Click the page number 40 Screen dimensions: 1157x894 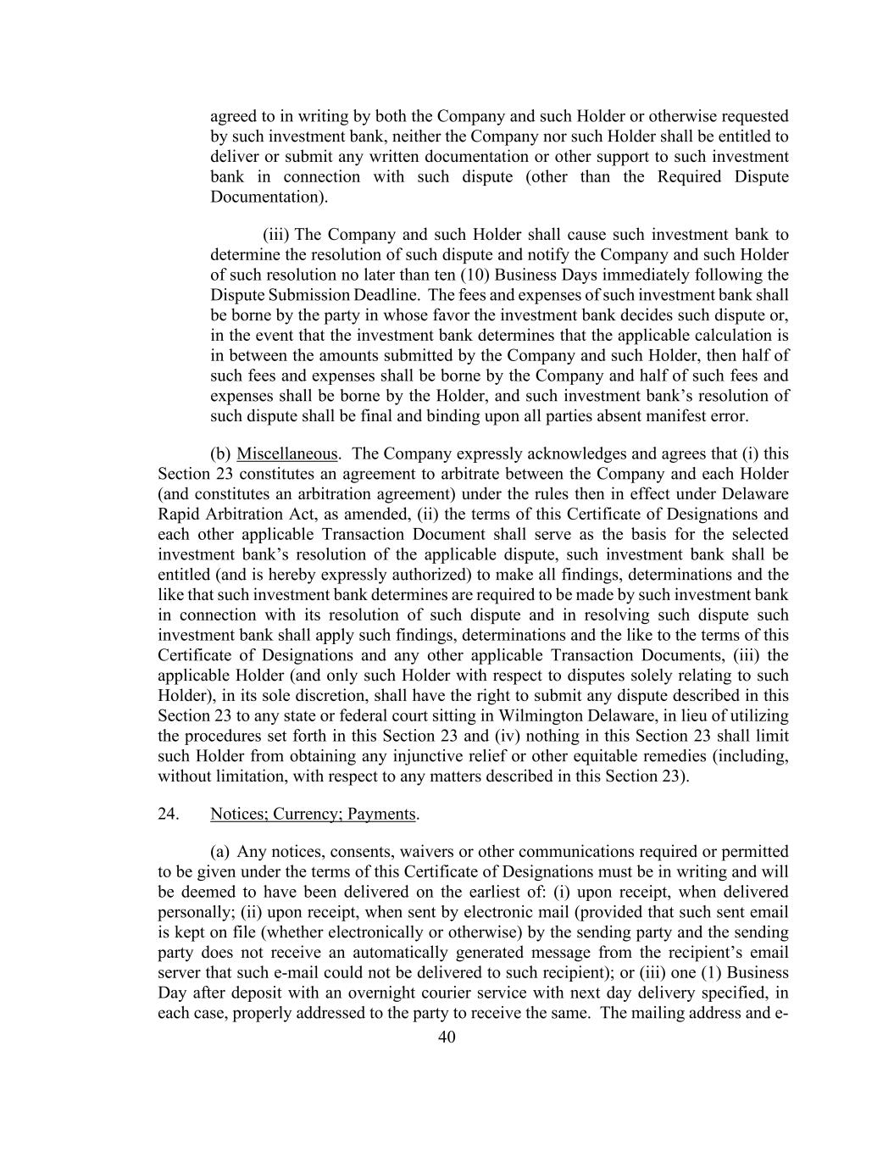pos(447,1037)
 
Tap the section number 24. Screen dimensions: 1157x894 pos(168,814)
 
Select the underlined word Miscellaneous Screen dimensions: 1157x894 pos(286,453)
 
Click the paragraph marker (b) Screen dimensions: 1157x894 pos(220,453)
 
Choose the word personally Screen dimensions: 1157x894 pos(190,912)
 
